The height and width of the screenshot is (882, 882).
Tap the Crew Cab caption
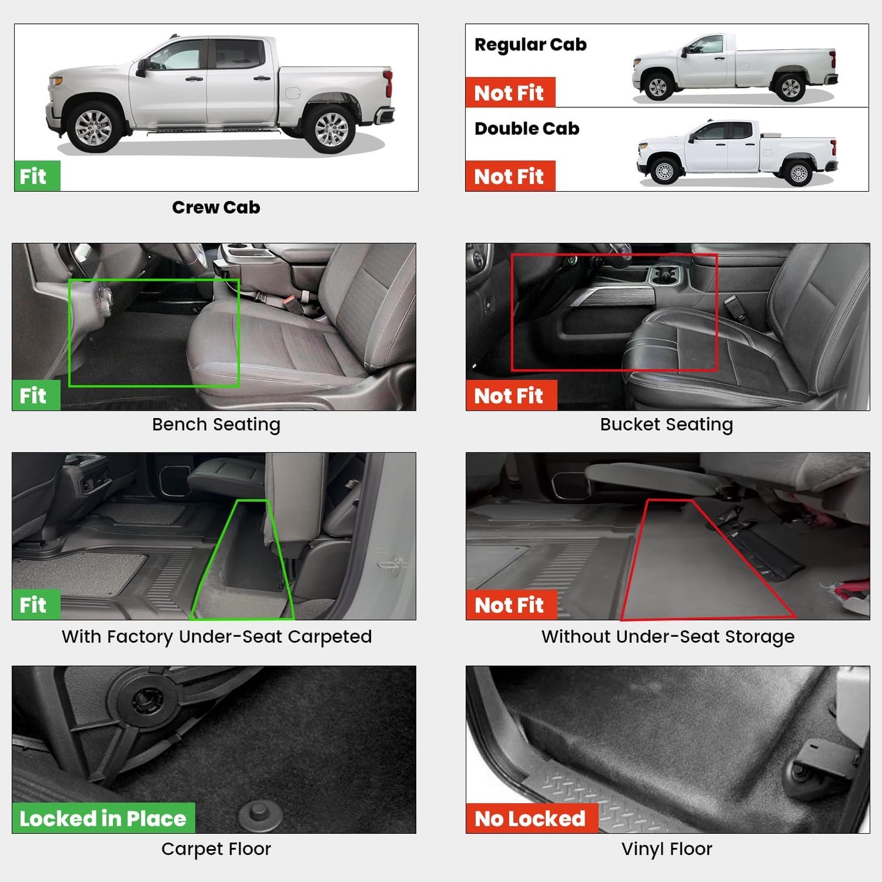[x=216, y=208]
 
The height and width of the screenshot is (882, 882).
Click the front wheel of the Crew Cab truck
[x=93, y=129]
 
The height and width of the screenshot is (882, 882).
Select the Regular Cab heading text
[x=530, y=45]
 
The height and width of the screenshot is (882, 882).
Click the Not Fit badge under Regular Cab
[x=510, y=93]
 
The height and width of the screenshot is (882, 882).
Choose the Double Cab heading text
[x=527, y=129]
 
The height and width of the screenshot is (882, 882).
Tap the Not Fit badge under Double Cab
[x=510, y=176]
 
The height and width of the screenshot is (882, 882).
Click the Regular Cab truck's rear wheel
[x=790, y=89]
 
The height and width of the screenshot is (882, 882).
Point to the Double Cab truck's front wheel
[x=664, y=172]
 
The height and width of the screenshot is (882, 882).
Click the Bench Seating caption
[x=216, y=424]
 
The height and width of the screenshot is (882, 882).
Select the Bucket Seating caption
[x=667, y=424]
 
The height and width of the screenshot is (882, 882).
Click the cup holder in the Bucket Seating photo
[x=664, y=276]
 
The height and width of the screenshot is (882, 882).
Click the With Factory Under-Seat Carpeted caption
[x=216, y=637]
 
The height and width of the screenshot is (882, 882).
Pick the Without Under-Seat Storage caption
[x=668, y=637]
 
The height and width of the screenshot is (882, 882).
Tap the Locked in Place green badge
[x=103, y=819]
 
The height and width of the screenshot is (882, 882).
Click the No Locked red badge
[x=531, y=819]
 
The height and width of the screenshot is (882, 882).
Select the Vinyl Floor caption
[x=667, y=849]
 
